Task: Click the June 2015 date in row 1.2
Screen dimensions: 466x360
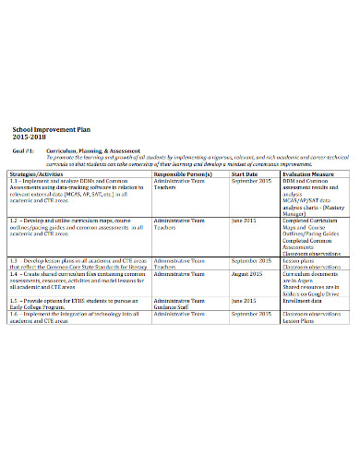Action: coord(244,221)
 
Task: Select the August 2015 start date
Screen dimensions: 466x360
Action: coord(248,274)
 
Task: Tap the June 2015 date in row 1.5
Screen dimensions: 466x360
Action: coord(244,301)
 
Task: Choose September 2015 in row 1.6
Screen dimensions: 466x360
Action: coord(253,314)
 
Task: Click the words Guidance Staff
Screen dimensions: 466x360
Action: coord(174,307)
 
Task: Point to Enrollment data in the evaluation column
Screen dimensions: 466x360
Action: coord(303,301)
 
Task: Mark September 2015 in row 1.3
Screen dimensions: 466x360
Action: coord(253,261)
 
